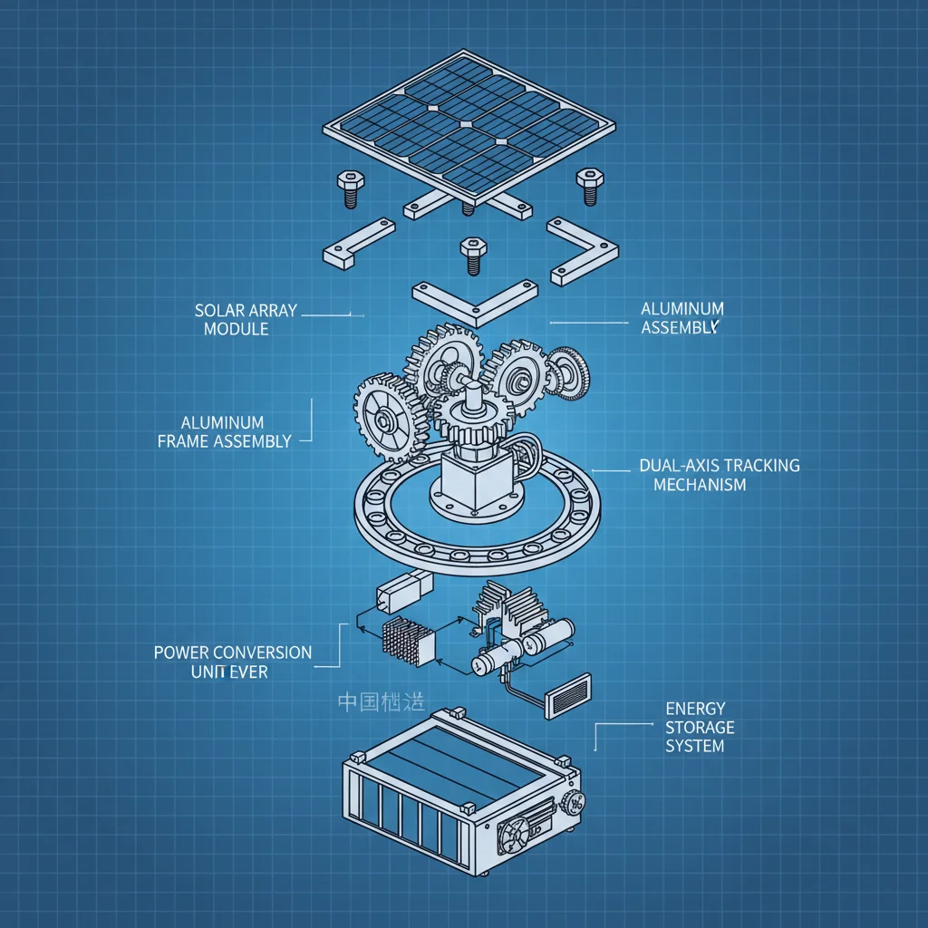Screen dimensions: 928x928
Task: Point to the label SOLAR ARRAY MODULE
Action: (245, 320)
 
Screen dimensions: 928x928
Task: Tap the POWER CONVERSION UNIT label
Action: (232, 662)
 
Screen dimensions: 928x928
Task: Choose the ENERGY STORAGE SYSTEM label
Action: (700, 727)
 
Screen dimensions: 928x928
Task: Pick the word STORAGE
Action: (700, 728)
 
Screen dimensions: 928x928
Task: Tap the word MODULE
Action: (236, 329)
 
